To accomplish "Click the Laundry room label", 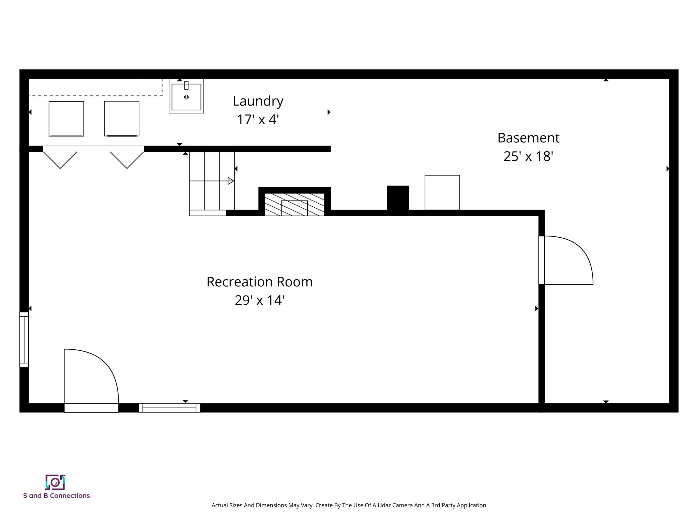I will tap(258, 101).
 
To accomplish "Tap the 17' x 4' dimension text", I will tap(258, 120).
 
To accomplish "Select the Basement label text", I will tap(528, 138).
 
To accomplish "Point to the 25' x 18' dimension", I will tap(528, 156).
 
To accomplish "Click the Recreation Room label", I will tap(259, 282).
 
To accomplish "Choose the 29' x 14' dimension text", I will tap(259, 300).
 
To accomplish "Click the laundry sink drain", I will tap(186, 97).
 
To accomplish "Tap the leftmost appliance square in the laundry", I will tap(66, 118).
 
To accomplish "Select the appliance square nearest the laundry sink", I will tap(122, 118).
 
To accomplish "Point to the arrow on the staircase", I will tap(231, 181).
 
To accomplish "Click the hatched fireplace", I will tap(294, 204).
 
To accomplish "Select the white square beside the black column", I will tap(442, 192).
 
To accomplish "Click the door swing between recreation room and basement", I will tap(567, 260).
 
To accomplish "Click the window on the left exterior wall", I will tap(24, 339).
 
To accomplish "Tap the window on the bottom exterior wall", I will tap(169, 408).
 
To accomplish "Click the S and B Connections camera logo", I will tap(55, 482).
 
